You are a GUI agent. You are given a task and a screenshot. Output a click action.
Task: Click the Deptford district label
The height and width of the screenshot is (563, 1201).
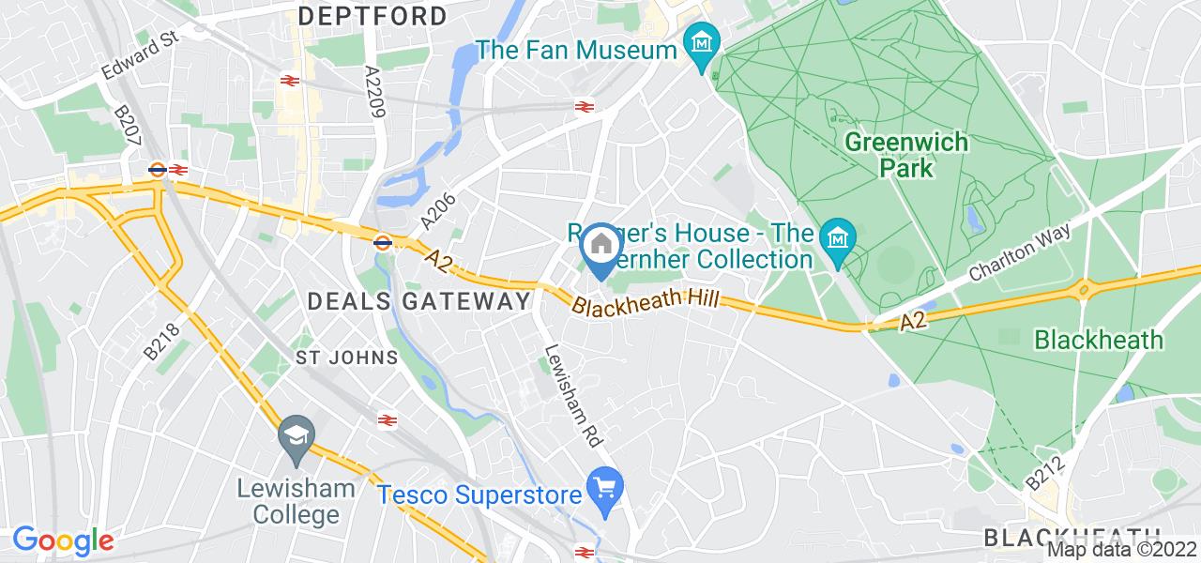(372, 16)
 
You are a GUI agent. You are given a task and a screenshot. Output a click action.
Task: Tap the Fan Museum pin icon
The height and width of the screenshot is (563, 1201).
(701, 44)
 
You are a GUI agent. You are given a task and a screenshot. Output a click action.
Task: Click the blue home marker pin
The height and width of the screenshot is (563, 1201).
(600, 247)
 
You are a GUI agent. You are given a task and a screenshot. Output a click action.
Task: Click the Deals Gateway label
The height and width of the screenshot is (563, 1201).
(420, 301)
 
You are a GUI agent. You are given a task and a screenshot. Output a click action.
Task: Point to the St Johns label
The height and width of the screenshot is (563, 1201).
(346, 358)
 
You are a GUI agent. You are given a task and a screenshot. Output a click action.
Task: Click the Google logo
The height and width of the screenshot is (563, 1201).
(62, 540)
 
